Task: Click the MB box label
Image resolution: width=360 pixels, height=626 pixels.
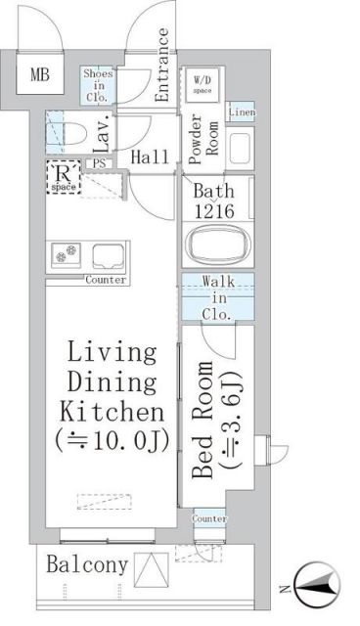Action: click(39, 74)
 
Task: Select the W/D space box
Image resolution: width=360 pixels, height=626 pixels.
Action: click(202, 85)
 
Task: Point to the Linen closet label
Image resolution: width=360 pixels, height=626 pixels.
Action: click(242, 112)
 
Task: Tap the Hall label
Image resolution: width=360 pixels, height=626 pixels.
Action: click(150, 156)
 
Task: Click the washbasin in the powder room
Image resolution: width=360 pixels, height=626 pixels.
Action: click(239, 148)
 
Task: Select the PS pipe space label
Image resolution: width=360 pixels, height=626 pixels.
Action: click(99, 164)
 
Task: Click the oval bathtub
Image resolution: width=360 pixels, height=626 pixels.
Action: click(216, 244)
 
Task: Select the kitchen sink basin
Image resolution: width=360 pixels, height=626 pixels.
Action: click(110, 256)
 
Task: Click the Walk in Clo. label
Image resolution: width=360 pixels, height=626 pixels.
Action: click(216, 298)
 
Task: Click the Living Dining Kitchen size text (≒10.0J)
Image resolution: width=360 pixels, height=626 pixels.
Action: click(112, 440)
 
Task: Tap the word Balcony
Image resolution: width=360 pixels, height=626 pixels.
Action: click(85, 564)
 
